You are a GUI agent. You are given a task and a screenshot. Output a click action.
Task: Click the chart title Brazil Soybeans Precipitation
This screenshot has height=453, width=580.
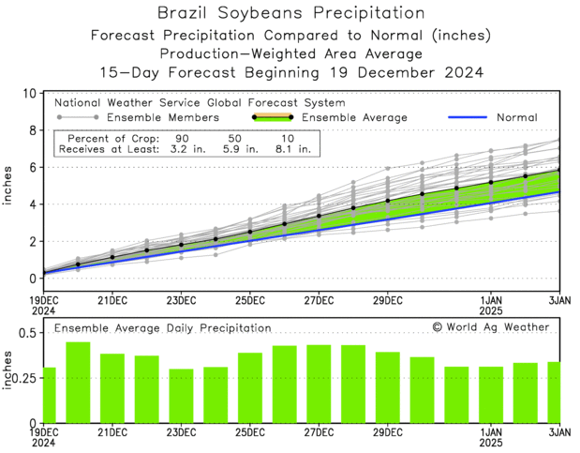tap(290, 13)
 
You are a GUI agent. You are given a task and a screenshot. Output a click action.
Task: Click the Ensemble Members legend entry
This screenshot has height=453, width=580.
tap(163, 118)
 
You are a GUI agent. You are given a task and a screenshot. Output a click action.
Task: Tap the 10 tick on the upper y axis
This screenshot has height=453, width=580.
tap(29, 94)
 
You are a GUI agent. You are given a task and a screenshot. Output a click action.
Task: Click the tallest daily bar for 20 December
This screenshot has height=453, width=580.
tap(78, 383)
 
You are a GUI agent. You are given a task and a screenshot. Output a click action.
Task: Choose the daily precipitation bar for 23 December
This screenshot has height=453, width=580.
tap(181, 396)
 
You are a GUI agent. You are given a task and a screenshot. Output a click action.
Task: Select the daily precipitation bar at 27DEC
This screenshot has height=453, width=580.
tap(319, 384)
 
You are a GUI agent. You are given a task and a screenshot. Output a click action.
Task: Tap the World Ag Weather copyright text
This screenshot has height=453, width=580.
tap(490, 327)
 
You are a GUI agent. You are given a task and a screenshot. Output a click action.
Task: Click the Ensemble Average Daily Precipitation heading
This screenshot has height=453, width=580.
tap(162, 328)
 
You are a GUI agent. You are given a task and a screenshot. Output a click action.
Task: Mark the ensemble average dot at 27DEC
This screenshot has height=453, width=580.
tap(319, 216)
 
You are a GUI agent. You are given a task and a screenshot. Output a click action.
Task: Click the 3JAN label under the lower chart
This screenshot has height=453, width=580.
tap(558, 431)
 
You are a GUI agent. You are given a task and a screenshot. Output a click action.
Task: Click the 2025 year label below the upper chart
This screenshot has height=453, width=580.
tap(490, 310)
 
